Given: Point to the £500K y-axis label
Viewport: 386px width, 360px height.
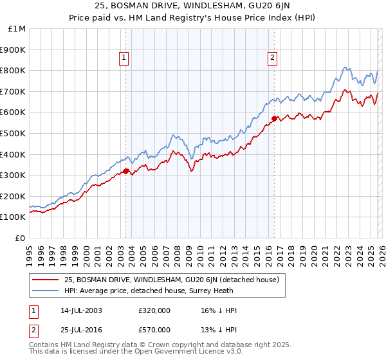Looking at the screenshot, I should [14, 133].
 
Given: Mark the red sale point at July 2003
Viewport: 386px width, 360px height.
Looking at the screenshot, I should [126, 171].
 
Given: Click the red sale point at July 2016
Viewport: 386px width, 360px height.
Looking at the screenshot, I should [274, 118].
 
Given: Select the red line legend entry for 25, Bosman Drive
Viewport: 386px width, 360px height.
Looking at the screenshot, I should [171, 280].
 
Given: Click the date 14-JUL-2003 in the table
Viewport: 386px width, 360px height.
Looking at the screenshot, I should [81, 310].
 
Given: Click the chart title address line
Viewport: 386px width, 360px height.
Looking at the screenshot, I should [192, 6].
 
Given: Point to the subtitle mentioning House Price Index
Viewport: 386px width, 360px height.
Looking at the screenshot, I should [192, 19].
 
